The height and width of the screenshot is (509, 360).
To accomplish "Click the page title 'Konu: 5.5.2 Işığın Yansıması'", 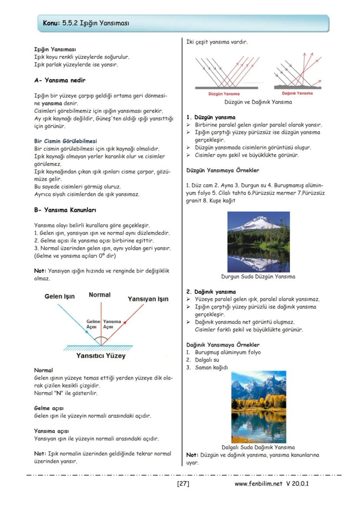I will (86, 23).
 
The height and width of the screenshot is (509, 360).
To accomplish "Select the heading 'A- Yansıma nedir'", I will (60, 80).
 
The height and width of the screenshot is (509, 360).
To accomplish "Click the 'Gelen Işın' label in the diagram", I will (60, 296).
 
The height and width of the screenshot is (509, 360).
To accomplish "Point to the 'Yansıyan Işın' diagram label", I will (148, 299).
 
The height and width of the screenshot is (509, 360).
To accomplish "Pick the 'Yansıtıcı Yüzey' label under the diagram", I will (101, 356).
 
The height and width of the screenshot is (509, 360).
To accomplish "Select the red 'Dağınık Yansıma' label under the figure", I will (297, 93).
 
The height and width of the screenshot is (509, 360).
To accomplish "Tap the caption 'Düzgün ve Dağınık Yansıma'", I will (258, 102).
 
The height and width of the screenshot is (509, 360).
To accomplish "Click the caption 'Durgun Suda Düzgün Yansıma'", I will (258, 276).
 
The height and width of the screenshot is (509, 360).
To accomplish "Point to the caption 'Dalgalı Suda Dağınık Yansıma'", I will (258, 447).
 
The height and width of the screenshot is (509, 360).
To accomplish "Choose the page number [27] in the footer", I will (183, 483).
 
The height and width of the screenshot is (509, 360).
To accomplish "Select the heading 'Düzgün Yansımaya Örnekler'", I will (223, 170).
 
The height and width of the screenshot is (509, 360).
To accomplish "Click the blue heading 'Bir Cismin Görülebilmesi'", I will (65, 141).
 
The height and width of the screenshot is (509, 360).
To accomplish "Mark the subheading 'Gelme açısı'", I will (49, 408).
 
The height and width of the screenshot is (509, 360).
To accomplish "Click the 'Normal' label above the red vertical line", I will (100, 295).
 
